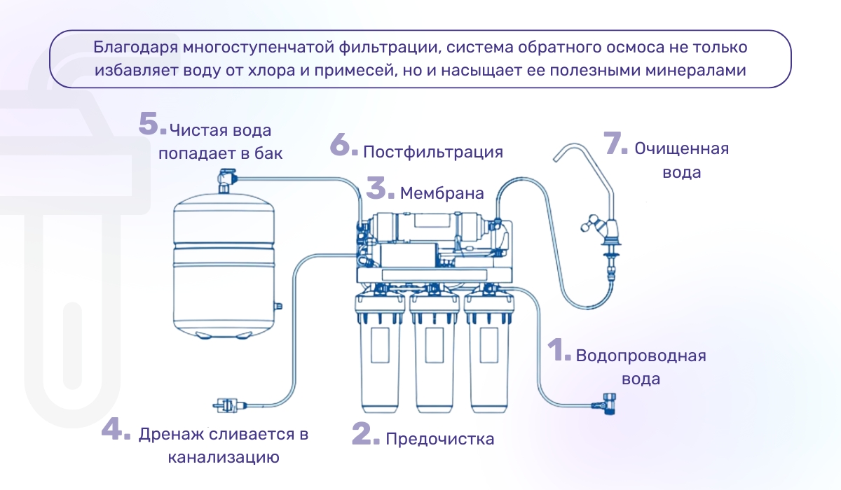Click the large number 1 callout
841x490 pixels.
[559, 351]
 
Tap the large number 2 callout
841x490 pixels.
[365, 434]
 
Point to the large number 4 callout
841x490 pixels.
[115, 429]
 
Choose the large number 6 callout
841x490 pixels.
[344, 146]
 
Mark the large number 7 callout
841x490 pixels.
[615, 143]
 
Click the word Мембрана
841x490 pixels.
[442, 194]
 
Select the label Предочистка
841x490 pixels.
[440, 439]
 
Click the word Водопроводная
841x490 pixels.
[641, 356]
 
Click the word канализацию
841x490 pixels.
[224, 458]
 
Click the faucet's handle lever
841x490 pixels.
[589, 226]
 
